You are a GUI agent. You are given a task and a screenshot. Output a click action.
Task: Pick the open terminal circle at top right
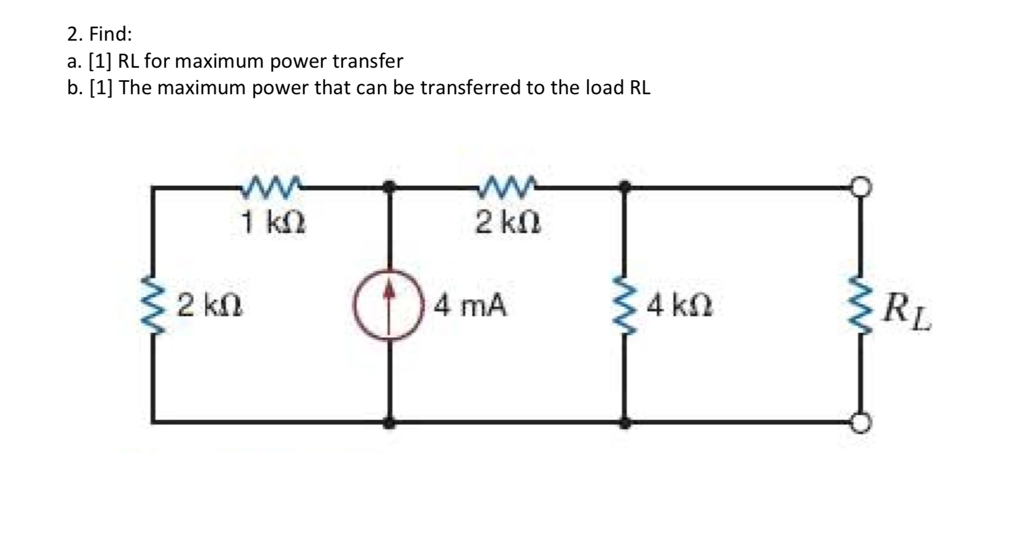point(861,187)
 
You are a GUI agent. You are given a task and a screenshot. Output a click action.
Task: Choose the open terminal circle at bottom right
point(861,422)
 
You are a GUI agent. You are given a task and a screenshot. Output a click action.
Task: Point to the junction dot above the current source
point(389,186)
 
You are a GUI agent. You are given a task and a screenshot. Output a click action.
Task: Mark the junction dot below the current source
point(389,422)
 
